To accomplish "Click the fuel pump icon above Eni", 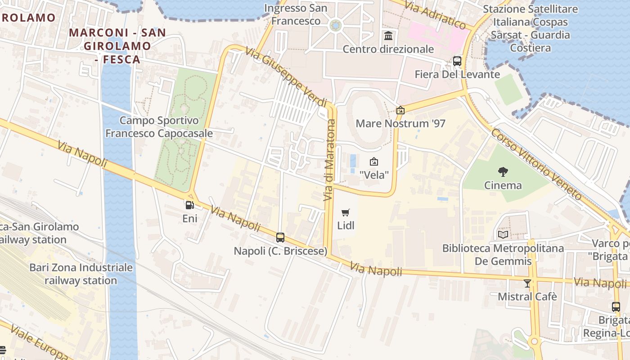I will tap(190, 205).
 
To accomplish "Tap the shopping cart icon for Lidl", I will tap(346, 212).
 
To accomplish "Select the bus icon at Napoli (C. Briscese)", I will tap(280, 237).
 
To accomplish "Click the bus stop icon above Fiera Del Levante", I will tap(457, 61).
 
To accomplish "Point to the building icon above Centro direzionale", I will tap(388, 36).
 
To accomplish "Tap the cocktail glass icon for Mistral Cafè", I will tap(527, 283).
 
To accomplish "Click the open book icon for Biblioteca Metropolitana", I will tap(503, 235).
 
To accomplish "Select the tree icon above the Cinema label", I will tap(503, 171).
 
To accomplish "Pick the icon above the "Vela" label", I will tap(373, 162).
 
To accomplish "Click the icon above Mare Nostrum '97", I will tap(400, 110).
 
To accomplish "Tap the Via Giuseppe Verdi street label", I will tap(286, 77).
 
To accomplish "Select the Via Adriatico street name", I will tap(435, 14).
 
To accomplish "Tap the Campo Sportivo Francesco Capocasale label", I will tap(159, 127).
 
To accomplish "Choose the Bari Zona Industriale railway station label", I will tap(81, 274).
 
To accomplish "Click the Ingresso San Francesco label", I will tap(296, 14).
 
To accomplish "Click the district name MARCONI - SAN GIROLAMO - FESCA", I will tap(118, 46).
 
